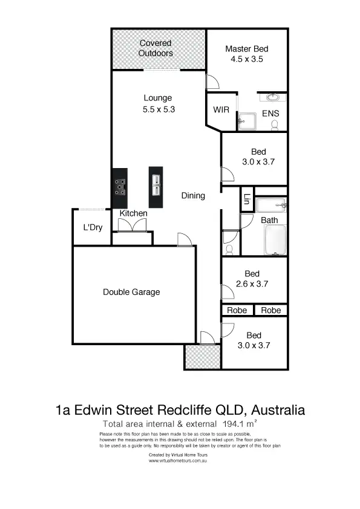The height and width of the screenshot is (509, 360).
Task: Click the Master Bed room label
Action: [x=246, y=49]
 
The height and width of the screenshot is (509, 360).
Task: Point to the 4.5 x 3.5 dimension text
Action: [x=246, y=60]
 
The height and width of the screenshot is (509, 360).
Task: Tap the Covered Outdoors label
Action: [x=155, y=48]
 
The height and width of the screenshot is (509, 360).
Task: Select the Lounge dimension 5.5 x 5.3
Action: [x=158, y=109]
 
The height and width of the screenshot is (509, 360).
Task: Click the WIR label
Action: [x=220, y=110]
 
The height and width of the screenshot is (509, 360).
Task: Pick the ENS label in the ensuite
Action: [x=270, y=114]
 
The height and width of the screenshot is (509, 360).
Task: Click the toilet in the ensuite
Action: [x=275, y=125]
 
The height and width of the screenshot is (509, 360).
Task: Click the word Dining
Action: [x=193, y=195]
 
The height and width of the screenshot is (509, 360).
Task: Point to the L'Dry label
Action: [x=93, y=228]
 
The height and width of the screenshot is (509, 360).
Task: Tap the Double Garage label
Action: [x=131, y=292]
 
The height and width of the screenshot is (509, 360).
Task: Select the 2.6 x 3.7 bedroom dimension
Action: [x=252, y=284]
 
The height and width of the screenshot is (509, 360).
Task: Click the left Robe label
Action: [x=237, y=311]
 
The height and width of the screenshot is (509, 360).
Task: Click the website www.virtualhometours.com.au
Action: [x=179, y=460]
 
